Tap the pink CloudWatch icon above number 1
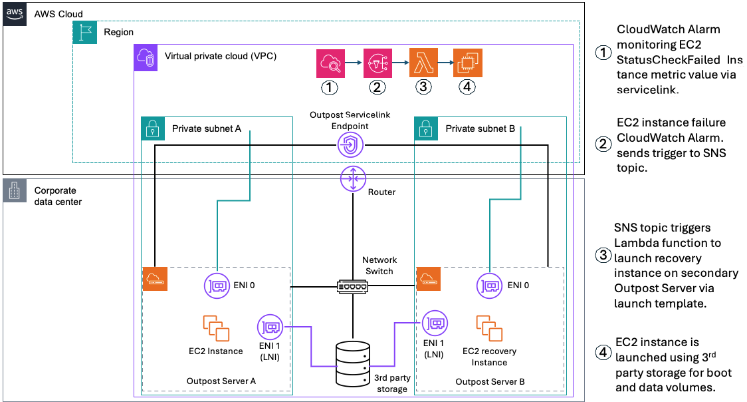pos(330,63)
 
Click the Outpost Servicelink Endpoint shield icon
pos(350,142)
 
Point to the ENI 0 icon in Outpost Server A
pos(217,286)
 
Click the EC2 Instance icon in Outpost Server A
pos(216,328)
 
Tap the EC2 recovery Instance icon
pos(488,328)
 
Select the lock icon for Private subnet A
pos(153,128)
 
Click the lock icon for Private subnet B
pos(426,128)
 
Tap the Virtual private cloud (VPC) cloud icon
pos(146,57)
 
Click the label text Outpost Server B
pos(490,382)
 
